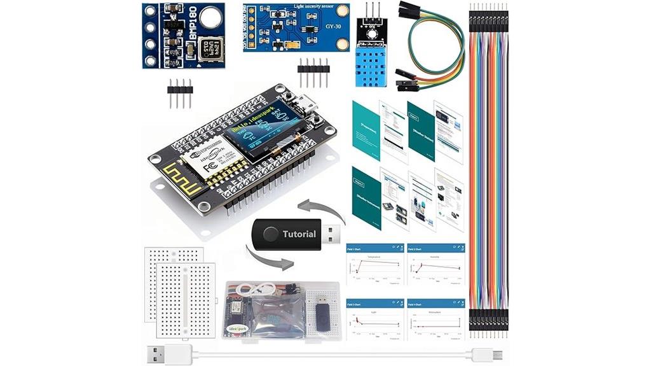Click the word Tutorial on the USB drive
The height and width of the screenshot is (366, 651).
click(299, 234)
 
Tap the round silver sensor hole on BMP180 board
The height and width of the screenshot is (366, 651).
click(211, 18)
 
